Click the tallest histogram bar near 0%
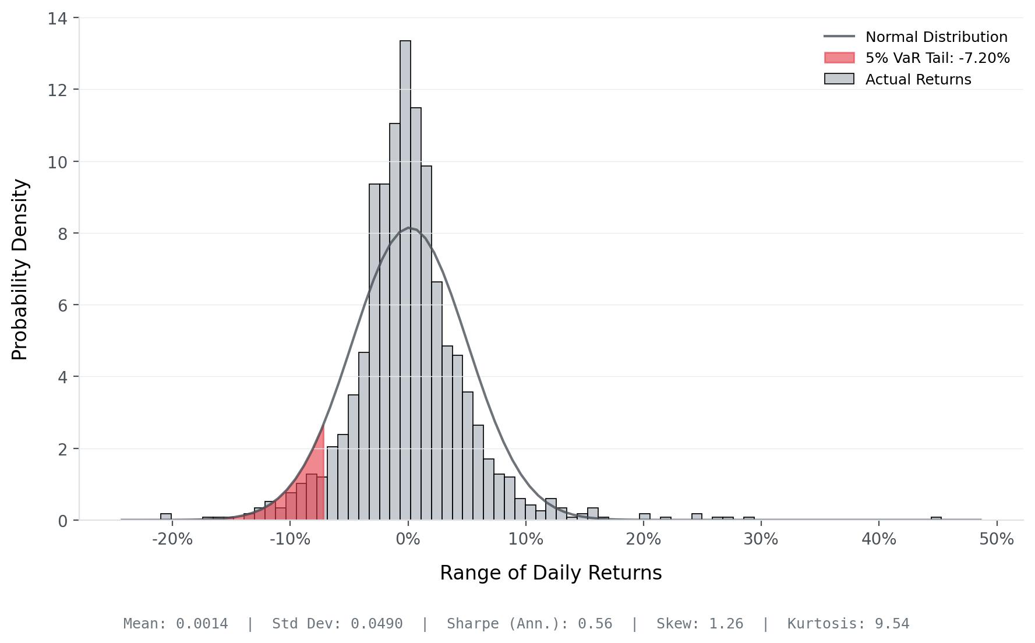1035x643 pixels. click(405, 280)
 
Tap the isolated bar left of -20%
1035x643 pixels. click(166, 517)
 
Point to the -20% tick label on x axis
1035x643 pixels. click(172, 539)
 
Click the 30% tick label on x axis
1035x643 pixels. click(761, 539)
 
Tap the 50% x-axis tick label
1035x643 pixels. click(997, 539)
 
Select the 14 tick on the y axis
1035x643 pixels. click(57, 19)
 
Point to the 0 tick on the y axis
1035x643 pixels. click(62, 521)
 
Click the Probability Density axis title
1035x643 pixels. click(20, 270)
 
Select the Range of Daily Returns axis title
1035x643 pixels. click(550, 573)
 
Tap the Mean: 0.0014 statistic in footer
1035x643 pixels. click(175, 624)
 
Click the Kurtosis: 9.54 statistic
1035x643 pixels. click(848, 624)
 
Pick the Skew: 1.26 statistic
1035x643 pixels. click(700, 624)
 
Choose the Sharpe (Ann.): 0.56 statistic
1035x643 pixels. click(529, 624)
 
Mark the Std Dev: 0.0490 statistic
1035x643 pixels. click(337, 624)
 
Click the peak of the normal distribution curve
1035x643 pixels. click(410, 228)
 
